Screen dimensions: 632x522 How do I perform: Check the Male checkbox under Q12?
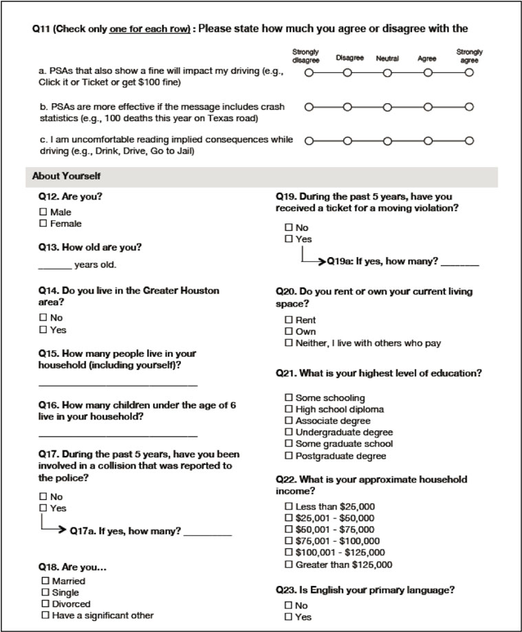[43, 212]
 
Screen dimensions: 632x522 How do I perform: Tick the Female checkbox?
[43, 224]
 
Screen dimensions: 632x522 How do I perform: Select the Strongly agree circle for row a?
[469, 72]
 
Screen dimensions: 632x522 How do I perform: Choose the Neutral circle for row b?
[387, 107]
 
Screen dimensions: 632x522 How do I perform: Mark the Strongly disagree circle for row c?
[308, 141]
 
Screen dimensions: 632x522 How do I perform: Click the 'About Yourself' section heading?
[66, 176]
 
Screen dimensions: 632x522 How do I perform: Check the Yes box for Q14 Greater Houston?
[43, 329]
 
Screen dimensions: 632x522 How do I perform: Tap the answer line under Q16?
[118, 435]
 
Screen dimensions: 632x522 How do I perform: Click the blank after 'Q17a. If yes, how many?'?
[208, 532]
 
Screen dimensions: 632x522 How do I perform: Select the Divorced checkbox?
[45, 603]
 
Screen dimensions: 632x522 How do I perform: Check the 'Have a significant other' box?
[45, 615]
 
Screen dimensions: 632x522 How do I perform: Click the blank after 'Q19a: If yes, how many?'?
[459, 263]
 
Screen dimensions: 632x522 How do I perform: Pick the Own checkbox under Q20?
[289, 331]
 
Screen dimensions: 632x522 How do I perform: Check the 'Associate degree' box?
[289, 421]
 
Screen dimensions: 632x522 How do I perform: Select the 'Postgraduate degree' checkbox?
[289, 456]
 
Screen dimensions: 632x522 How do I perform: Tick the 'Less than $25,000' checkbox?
[289, 507]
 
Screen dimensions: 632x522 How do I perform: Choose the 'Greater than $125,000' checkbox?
[289, 565]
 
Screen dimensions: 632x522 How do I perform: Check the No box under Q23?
[289, 605]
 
